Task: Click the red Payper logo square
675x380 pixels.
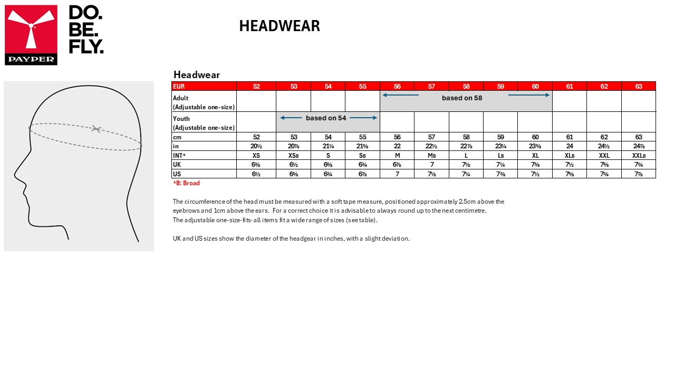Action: [x=31, y=35]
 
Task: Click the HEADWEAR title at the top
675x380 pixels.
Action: [x=279, y=26]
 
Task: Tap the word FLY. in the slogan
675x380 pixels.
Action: [x=86, y=46]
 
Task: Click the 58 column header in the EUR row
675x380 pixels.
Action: [x=466, y=87]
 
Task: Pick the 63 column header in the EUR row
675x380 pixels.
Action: [x=639, y=87]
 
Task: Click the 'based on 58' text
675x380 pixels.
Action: [x=462, y=98]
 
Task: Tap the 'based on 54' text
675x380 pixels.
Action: [x=326, y=118]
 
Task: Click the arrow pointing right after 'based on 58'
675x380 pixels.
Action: [x=529, y=95]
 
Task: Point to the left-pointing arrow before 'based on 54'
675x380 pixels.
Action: [x=291, y=118]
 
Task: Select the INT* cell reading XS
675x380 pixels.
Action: [x=256, y=156]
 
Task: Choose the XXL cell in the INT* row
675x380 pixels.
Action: [x=604, y=156]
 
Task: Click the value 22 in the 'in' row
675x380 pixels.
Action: [x=397, y=146]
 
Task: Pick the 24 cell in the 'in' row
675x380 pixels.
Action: [x=570, y=146]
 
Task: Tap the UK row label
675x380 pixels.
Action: [x=177, y=165]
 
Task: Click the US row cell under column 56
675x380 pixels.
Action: [x=397, y=174]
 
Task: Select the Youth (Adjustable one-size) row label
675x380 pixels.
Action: [x=204, y=122]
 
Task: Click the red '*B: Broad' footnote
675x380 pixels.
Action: [x=186, y=184]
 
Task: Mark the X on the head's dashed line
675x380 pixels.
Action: [x=95, y=128]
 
